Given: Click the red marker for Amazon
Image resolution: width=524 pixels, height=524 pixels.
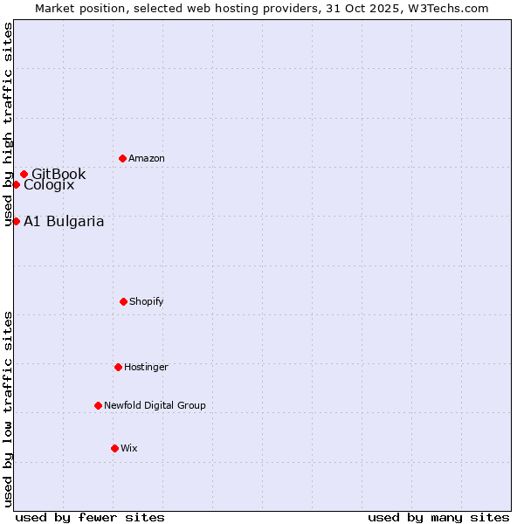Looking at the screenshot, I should click(x=122, y=158).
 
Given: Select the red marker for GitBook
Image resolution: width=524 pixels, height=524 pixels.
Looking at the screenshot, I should click(x=24, y=174).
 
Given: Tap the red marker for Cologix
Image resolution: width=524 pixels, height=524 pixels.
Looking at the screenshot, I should click(x=16, y=184).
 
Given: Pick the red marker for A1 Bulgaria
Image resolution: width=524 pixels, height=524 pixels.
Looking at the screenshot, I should click(x=16, y=221).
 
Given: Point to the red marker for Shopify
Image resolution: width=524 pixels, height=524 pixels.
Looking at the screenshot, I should click(x=123, y=301).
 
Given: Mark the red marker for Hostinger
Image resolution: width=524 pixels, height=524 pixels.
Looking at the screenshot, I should click(x=118, y=367).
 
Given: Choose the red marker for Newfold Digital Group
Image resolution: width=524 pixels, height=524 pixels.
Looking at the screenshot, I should click(x=98, y=405).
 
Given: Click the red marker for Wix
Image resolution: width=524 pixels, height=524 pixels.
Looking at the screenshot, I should click(x=114, y=448).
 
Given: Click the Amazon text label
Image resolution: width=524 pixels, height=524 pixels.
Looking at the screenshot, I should click(x=147, y=158).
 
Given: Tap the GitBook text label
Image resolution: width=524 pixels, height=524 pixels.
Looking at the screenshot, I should click(x=59, y=174).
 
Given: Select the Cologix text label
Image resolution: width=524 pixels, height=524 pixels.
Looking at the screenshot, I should click(x=49, y=185).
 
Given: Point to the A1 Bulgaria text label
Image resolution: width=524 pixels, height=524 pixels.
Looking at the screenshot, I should click(x=64, y=221).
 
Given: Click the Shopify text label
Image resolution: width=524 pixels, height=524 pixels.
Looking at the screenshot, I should click(x=147, y=301).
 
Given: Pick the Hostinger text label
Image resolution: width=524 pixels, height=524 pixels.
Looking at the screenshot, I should click(x=146, y=367).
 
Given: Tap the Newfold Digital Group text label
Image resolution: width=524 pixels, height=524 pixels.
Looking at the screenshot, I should click(x=155, y=405).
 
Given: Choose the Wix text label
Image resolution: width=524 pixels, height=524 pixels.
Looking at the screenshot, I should click(x=129, y=448).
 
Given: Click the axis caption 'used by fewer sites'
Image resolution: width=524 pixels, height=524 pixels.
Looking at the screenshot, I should click(x=90, y=517).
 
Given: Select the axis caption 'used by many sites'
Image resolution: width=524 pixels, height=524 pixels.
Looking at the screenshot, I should click(x=438, y=517).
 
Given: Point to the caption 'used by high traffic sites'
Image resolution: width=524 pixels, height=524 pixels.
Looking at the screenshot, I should click(x=8, y=125).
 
